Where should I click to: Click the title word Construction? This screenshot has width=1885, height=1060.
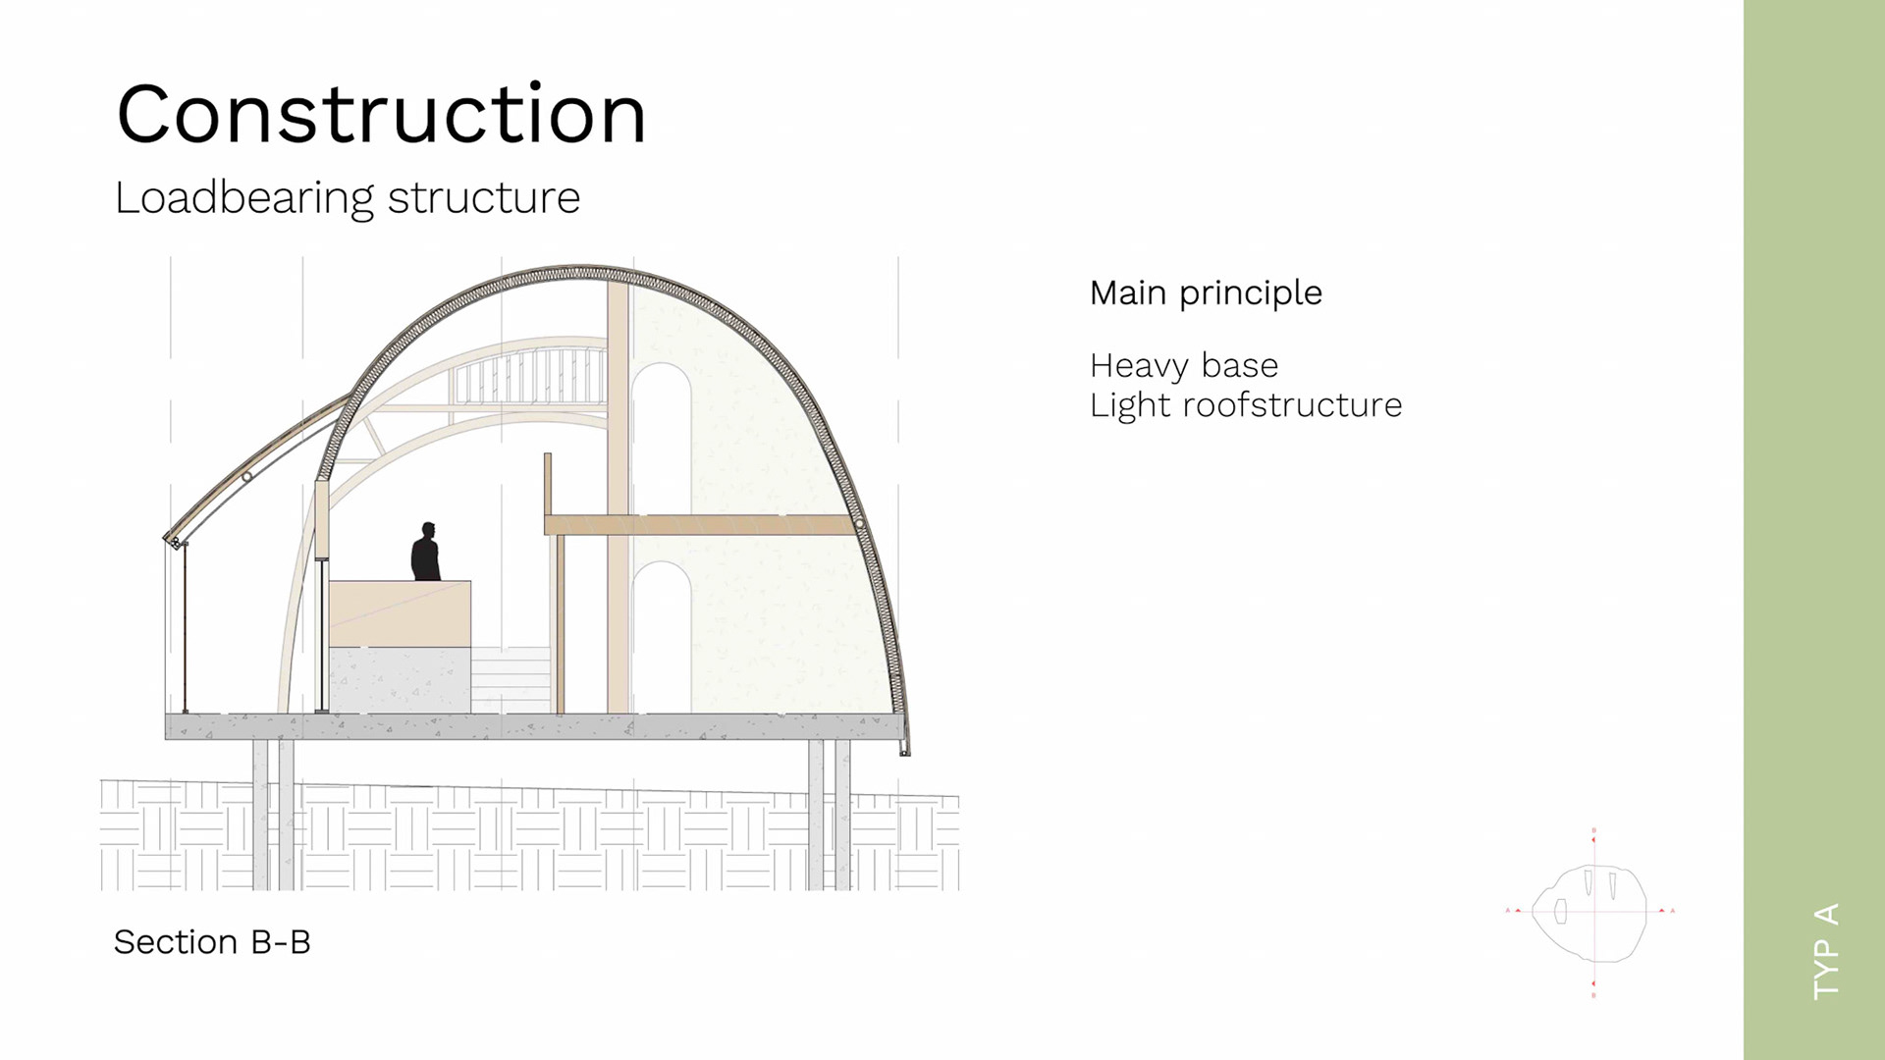point(381,115)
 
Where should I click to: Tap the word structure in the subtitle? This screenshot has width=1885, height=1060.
point(484,198)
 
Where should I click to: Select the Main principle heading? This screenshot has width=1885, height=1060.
point(1206,292)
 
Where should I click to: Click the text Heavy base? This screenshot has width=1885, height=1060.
point(1183,366)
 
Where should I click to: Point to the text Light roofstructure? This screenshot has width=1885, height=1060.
point(1245,405)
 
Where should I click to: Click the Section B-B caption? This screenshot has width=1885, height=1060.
point(212,942)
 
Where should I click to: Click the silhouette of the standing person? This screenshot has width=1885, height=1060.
point(425,552)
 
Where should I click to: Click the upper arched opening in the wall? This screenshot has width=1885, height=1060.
point(661,437)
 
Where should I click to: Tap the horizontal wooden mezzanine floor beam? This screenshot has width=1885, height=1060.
point(699,525)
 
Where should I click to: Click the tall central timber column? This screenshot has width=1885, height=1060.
point(618,491)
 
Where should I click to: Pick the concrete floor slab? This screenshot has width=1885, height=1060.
point(534,726)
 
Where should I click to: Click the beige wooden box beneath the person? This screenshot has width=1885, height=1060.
point(400,613)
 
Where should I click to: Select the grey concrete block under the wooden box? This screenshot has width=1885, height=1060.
point(400,679)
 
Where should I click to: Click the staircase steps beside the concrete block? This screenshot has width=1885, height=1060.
point(511,679)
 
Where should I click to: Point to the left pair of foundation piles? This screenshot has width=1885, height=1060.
point(274,815)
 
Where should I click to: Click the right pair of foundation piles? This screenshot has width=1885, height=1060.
point(830,815)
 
